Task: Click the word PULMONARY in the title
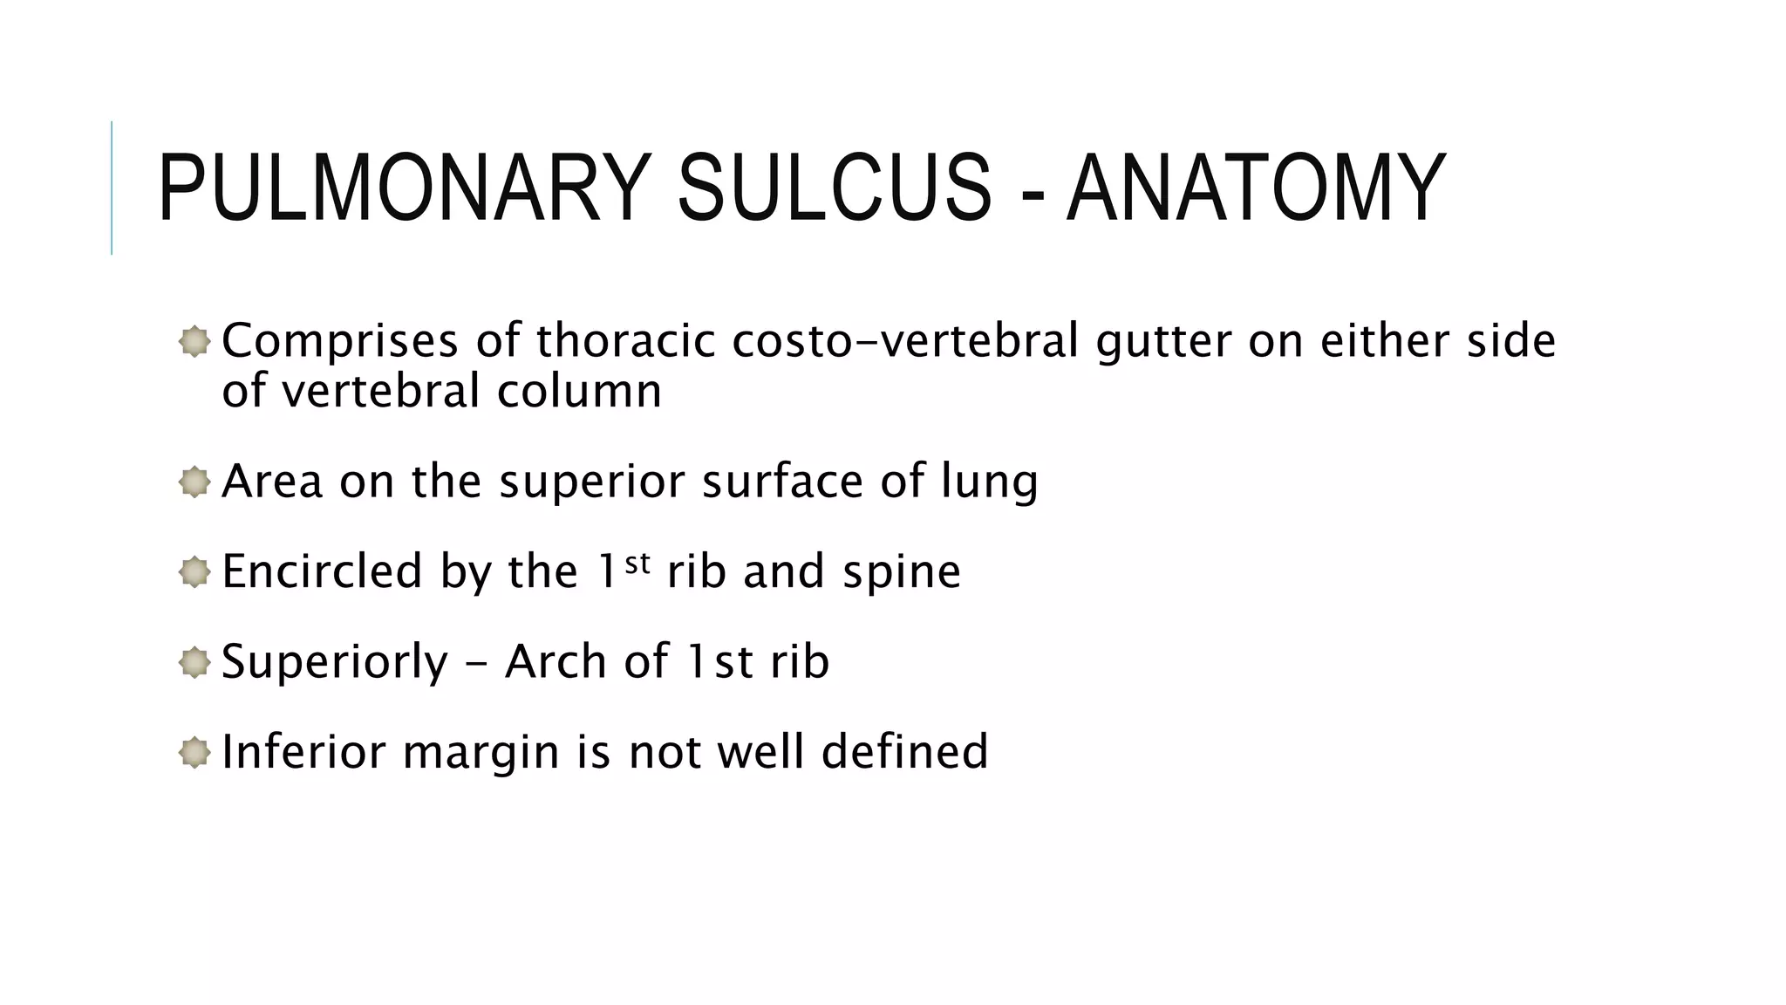tap(404, 188)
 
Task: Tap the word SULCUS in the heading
tap(835, 188)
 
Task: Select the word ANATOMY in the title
tap(1257, 188)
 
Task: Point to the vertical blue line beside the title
tap(112, 188)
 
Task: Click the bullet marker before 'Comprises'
tap(194, 341)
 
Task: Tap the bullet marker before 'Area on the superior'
tap(194, 482)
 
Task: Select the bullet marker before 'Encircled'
tap(194, 572)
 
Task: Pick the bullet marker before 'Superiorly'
tap(194, 662)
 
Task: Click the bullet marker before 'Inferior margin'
tap(194, 752)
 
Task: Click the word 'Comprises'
tap(340, 341)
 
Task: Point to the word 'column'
tap(579, 392)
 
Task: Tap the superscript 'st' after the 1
tap(637, 563)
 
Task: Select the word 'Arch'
tap(556, 662)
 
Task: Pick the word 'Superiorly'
tap(335, 663)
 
